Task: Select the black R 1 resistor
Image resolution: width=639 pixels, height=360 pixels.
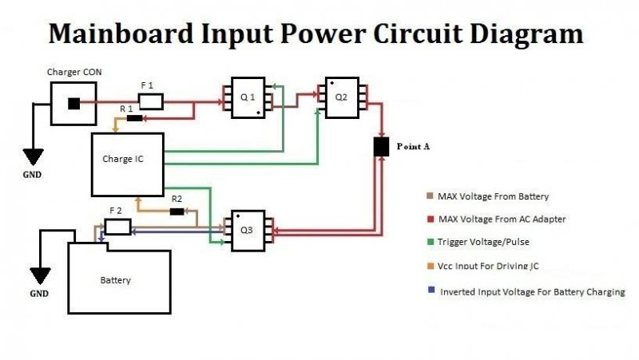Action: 135,118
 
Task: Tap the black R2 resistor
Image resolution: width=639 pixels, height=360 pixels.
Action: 177,212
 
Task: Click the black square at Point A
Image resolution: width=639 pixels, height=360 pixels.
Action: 382,147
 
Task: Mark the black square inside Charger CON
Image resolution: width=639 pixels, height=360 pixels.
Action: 73,104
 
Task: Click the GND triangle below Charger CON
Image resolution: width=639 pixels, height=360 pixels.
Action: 33,156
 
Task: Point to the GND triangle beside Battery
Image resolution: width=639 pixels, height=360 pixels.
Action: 40,275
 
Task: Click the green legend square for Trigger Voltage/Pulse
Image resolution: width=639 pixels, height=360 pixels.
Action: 431,242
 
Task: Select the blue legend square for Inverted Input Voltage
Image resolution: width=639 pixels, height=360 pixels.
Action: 431,290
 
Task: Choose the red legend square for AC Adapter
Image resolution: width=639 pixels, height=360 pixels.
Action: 431,219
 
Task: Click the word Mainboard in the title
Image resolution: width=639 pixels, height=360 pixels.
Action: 121,34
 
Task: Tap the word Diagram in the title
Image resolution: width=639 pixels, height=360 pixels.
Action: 526,35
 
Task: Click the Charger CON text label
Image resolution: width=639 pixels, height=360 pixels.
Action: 74,72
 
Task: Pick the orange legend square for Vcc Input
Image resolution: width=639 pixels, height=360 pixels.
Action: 431,266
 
